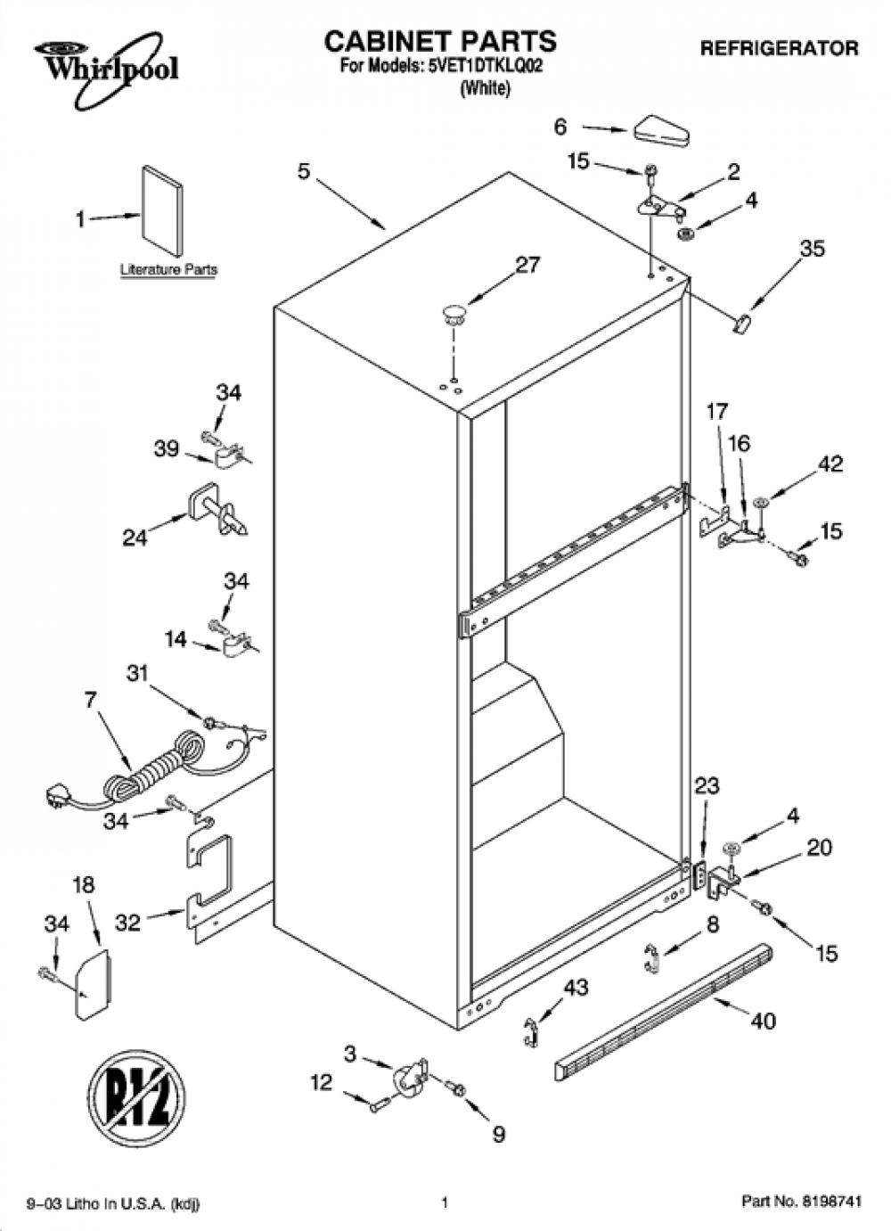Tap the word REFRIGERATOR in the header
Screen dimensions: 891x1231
[779, 48]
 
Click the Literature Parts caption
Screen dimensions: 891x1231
[168, 270]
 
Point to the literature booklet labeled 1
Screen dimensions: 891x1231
[162, 211]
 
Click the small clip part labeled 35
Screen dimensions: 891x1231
[742, 323]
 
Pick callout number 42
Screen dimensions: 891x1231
[830, 464]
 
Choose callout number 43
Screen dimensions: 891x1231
[575, 988]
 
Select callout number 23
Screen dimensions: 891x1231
[707, 786]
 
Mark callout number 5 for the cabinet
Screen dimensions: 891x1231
[304, 171]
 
